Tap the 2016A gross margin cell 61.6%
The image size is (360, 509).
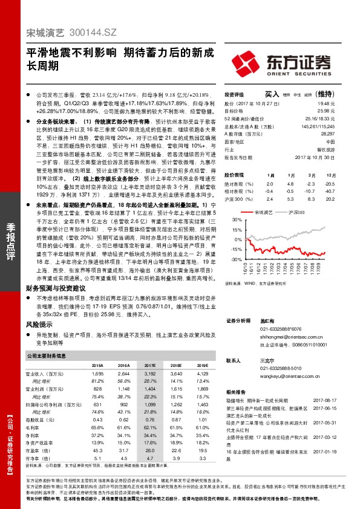pyautogui.click(x=124, y=427)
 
